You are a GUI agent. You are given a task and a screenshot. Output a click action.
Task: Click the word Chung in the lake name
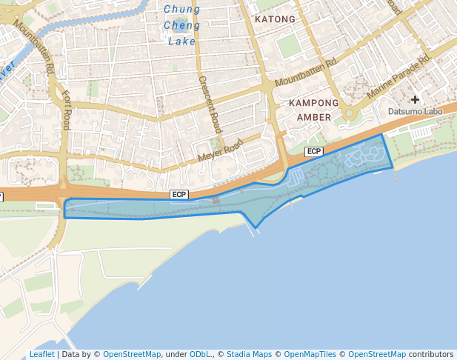pyautogui.click(x=181, y=10)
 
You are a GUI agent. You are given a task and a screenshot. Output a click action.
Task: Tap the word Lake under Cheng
pyautogui.click(x=181, y=41)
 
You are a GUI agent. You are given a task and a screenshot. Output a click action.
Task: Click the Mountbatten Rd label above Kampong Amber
pyautogui.click(x=305, y=73)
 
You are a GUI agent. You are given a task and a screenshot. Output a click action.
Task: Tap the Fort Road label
pyautogui.click(x=67, y=110)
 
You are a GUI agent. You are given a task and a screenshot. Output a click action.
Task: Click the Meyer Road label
pyautogui.click(x=220, y=151)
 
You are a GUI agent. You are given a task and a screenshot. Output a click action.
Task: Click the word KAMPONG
pyautogui.click(x=313, y=103)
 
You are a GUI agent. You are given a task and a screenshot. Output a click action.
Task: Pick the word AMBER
pyautogui.click(x=313, y=117)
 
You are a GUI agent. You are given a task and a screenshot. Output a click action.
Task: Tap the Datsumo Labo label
pyautogui.click(x=415, y=112)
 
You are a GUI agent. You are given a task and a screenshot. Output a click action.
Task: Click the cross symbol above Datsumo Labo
pyautogui.click(x=415, y=99)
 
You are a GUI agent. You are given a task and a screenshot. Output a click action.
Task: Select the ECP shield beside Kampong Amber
pyautogui.click(x=314, y=151)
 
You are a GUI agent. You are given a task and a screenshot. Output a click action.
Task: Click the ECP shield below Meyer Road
pyautogui.click(x=179, y=194)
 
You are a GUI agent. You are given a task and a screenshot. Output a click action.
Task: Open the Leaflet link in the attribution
pyautogui.click(x=41, y=354)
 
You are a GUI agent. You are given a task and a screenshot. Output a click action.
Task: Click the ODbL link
pyautogui.click(x=199, y=354)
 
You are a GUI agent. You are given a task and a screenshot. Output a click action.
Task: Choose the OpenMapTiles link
pyautogui.click(x=310, y=354)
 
